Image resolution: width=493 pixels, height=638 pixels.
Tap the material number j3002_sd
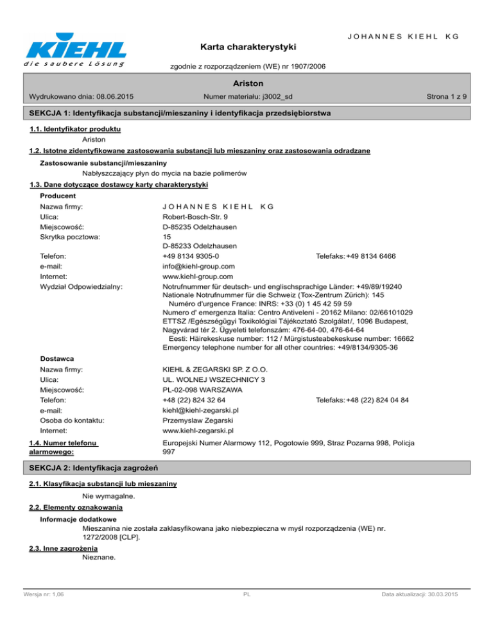pos(270,97)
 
